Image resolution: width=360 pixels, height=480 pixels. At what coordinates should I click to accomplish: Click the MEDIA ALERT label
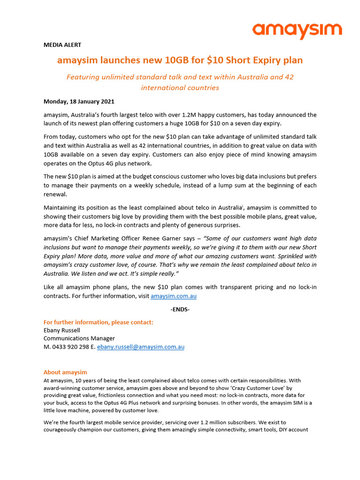[x=62, y=45]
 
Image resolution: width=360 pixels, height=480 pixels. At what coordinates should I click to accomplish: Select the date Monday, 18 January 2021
[x=79, y=101]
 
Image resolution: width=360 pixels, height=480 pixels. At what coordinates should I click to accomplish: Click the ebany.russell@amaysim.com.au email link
[x=141, y=347]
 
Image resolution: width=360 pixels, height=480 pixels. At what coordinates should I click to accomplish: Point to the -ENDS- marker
[x=180, y=309]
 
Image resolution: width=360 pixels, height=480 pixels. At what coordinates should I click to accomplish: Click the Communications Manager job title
[x=79, y=338]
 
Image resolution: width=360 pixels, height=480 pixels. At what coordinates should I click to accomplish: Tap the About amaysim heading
[x=65, y=372]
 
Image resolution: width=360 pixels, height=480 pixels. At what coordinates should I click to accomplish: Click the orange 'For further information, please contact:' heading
[x=98, y=322]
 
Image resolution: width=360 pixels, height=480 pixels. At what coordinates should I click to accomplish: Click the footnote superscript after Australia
[x=242, y=206]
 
